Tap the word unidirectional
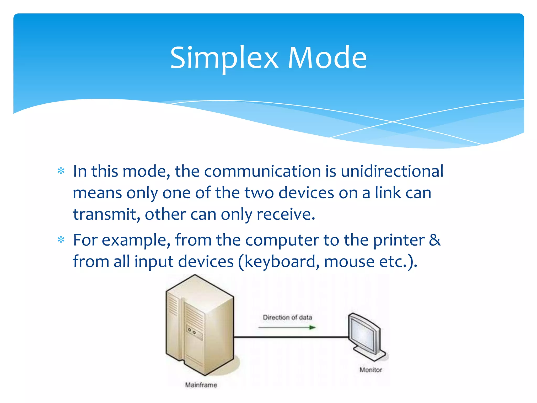pyautogui.click(x=392, y=171)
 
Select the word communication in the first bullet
pyautogui.click(x=262, y=171)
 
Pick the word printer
pyautogui.click(x=399, y=240)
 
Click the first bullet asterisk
pyautogui.click(x=61, y=171)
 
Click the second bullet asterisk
pyautogui.click(x=61, y=240)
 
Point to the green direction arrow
pyautogui.click(x=287, y=327)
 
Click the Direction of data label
pyautogui.click(x=287, y=317)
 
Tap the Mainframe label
pyautogui.click(x=201, y=385)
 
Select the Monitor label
pyautogui.click(x=371, y=370)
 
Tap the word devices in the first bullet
pyautogui.click(x=306, y=193)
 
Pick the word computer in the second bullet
pyautogui.click(x=282, y=240)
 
